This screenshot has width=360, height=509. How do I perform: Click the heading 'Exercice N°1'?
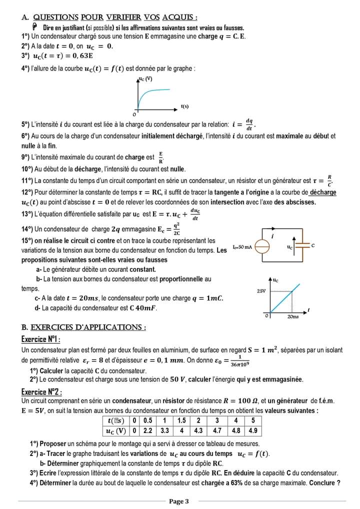click(41, 339)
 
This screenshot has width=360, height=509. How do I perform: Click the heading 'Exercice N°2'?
click(41, 391)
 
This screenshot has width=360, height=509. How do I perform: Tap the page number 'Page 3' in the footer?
click(178, 501)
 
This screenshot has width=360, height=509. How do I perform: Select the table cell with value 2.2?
click(147, 430)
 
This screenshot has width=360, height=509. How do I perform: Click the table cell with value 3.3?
click(164, 430)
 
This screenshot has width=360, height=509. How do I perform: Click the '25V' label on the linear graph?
click(261, 291)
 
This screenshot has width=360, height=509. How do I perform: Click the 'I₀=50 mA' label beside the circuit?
click(242, 247)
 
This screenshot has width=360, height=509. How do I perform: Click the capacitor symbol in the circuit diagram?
click(301, 246)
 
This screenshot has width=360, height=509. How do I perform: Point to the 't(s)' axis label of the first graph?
click(184, 106)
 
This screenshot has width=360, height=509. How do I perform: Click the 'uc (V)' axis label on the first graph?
click(145, 79)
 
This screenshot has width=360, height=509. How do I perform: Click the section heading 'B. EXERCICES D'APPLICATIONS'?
click(83, 327)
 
